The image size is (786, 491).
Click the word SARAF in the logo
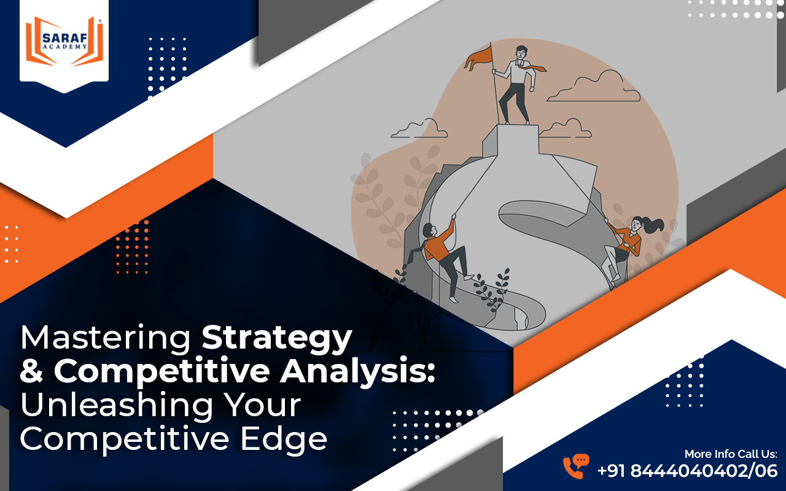click(65, 37)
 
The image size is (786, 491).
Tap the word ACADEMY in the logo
click(65, 46)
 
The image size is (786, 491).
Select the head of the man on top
click(521, 53)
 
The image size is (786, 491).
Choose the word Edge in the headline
click(284, 439)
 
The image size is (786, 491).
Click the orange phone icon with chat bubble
click(576, 466)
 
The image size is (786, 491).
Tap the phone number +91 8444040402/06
click(687, 471)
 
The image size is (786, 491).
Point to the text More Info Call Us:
click(731, 454)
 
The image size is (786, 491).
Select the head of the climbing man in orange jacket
click(429, 230)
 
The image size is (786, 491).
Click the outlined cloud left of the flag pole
click(419, 129)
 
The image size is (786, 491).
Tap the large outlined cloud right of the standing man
click(594, 87)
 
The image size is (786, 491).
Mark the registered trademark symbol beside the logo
click(100, 21)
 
